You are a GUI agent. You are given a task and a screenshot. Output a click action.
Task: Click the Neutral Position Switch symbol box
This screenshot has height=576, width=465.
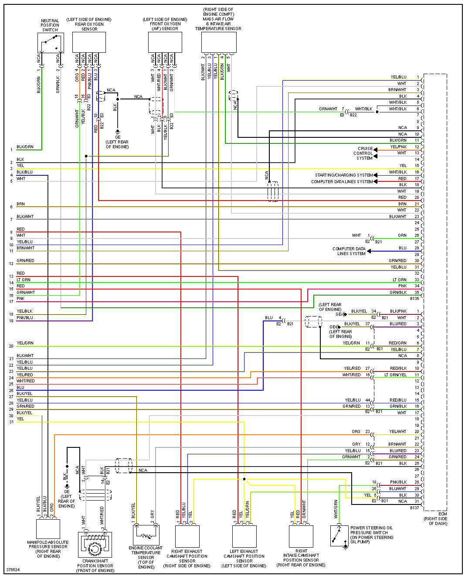51,43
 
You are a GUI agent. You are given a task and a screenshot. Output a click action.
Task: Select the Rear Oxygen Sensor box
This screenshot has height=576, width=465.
89,43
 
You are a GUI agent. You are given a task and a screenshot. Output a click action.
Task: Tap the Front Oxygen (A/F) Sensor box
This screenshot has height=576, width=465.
165,43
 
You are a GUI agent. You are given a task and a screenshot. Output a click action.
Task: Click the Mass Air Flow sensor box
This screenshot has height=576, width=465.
219,43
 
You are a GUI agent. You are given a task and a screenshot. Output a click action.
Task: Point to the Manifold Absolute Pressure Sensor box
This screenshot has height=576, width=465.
48,529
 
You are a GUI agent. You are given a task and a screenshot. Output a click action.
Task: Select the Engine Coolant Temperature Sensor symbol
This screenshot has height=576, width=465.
146,534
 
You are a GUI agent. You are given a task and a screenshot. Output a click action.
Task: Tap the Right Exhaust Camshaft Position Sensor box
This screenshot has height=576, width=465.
187,536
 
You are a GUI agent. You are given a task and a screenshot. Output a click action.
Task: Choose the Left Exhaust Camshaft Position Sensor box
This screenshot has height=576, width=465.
244,536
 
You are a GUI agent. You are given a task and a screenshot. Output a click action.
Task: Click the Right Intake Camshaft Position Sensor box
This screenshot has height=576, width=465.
301,536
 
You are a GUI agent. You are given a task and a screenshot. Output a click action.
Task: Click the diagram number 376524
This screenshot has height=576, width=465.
13,570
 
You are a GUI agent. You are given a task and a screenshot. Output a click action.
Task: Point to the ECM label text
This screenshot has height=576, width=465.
443,514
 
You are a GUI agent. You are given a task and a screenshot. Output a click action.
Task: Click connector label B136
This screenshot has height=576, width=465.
414,299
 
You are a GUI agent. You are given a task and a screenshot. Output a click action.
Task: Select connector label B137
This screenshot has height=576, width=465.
414,508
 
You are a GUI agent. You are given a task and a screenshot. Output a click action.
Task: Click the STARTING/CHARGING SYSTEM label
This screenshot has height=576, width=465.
344,175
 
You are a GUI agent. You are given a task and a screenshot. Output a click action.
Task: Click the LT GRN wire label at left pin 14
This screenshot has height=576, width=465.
24,280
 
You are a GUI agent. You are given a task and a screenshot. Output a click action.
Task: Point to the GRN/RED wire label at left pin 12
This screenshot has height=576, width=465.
25,261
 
